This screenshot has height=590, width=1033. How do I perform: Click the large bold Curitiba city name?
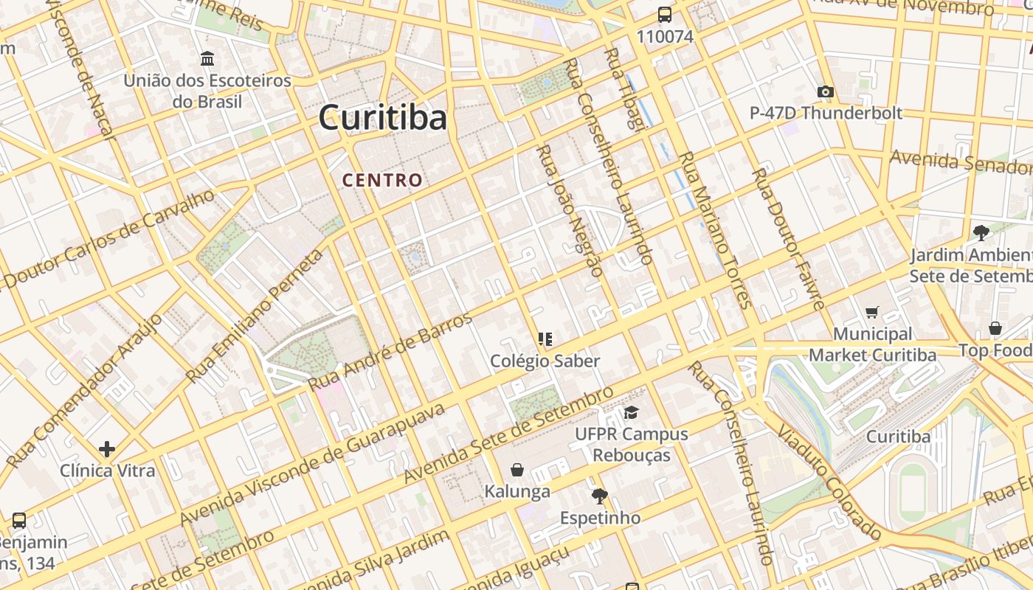pos(383,118)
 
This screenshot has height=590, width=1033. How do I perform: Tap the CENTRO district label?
pos(382,180)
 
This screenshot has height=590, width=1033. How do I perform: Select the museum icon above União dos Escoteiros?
pos(207,58)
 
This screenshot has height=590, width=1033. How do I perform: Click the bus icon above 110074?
pos(665,15)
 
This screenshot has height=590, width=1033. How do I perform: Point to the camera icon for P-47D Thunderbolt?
pos(826,92)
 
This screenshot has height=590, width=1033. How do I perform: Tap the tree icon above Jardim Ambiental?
pos(981,233)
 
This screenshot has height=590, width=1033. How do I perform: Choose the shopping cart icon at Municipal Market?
pos(872,313)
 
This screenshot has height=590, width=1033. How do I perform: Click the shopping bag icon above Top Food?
pos(995,328)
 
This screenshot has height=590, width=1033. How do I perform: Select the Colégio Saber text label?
pos(545,361)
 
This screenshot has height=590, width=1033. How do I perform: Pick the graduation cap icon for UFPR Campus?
pos(630,412)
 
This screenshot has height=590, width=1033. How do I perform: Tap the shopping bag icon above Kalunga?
pos(517,470)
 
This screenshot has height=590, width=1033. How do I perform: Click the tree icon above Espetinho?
pos(599,496)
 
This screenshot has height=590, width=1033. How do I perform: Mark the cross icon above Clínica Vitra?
pos(107,448)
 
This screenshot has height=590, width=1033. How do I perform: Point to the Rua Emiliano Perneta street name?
pos(255,316)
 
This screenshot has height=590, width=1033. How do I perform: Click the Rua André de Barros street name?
pos(391,351)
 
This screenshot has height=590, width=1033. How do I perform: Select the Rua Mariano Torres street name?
pos(714,229)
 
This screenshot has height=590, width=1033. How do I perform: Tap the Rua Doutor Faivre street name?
pos(787,238)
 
